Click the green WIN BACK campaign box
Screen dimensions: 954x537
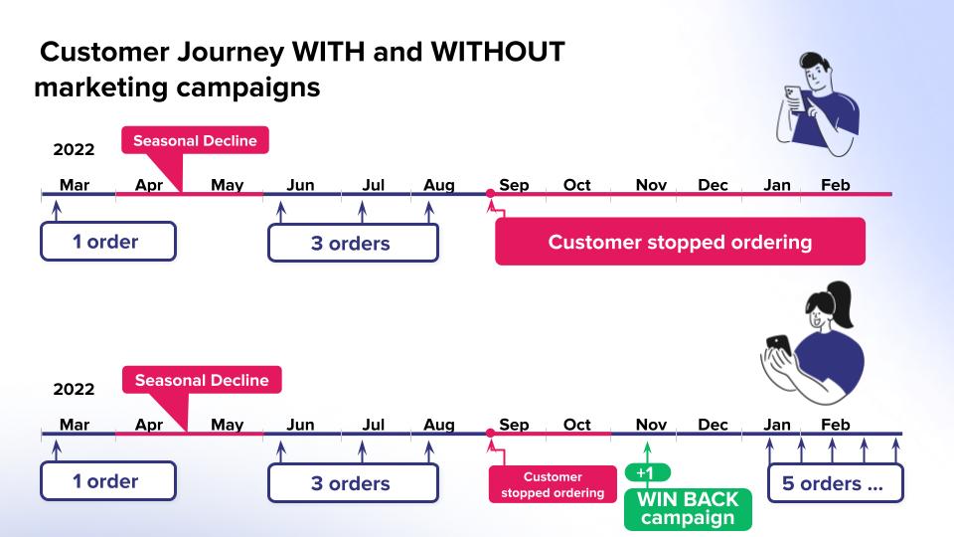pyautogui.click(x=688, y=509)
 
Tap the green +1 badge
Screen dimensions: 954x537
pyautogui.click(x=647, y=472)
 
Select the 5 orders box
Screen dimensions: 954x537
pyautogui.click(x=836, y=483)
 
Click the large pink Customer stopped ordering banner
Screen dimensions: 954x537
pyautogui.click(x=680, y=242)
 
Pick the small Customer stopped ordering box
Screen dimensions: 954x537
pyautogui.click(x=553, y=484)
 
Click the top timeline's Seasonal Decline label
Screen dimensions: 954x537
pyautogui.click(x=195, y=140)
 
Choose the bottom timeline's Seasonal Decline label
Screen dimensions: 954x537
pyautogui.click(x=202, y=380)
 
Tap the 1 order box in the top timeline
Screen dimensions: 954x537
pyautogui.click(x=108, y=242)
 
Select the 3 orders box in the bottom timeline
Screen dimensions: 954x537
pyautogui.click(x=353, y=483)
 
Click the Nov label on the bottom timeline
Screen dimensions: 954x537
pyautogui.click(x=651, y=425)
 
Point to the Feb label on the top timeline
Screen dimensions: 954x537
pyautogui.click(x=836, y=185)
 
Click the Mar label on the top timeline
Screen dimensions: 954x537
pyautogui.click(x=75, y=185)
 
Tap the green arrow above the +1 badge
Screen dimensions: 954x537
pyautogui.click(x=647, y=453)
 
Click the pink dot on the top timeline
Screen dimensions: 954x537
pyautogui.click(x=490, y=194)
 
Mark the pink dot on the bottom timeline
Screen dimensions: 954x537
pyautogui.click(x=490, y=433)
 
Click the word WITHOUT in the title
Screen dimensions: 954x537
pyautogui.click(x=498, y=52)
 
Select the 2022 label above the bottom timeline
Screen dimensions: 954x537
pyautogui.click(x=74, y=389)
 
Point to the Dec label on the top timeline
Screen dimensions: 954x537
pyautogui.click(x=713, y=185)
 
